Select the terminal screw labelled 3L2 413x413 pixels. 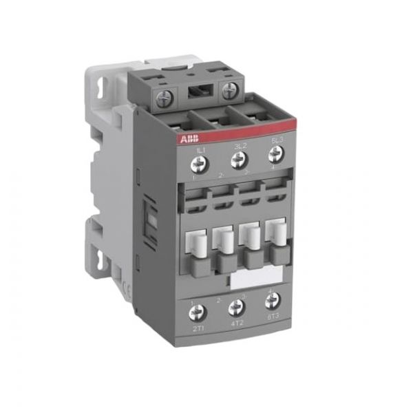238,161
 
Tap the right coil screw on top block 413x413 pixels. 229,89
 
